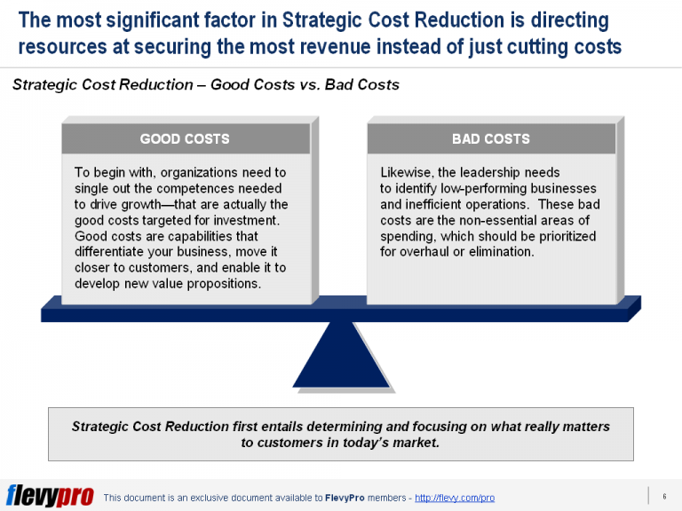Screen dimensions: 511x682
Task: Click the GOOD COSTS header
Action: coord(185,138)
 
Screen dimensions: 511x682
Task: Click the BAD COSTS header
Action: coord(490,138)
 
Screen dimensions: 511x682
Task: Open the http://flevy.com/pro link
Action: coord(455,499)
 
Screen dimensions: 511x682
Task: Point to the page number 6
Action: coord(664,496)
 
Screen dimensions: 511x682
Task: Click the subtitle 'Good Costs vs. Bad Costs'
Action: coord(305,85)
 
